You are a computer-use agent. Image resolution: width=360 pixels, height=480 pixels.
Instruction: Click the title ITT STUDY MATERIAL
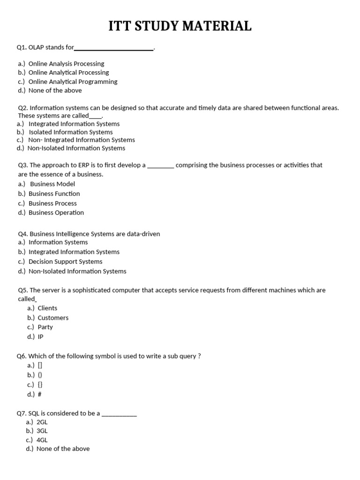(x=180, y=26)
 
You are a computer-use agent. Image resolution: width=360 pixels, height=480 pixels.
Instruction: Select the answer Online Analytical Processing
(x=68, y=73)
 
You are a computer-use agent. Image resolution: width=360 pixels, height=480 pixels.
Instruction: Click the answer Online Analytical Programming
(x=73, y=82)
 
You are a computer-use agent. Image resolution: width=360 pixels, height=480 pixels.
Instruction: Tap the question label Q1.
(x=22, y=47)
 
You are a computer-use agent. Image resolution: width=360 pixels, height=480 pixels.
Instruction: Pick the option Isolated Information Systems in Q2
(x=71, y=132)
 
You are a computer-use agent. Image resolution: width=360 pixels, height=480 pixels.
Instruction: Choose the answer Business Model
(x=52, y=184)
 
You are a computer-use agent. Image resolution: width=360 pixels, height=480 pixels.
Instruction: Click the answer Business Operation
(x=56, y=213)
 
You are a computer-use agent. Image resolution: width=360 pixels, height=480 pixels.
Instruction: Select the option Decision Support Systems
(x=65, y=262)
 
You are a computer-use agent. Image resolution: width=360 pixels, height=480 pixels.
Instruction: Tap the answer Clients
(x=47, y=308)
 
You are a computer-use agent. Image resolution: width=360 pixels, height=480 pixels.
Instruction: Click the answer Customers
(x=53, y=318)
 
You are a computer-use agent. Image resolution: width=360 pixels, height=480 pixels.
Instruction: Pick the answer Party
(x=45, y=327)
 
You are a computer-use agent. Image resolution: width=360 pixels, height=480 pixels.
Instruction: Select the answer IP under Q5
(x=40, y=337)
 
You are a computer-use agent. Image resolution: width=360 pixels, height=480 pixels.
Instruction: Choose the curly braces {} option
(x=40, y=385)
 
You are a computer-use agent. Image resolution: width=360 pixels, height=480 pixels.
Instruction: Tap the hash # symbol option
(x=39, y=394)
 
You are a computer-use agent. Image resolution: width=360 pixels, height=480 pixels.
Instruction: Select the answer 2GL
(x=42, y=422)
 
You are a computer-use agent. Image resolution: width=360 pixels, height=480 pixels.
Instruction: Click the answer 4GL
(x=42, y=440)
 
